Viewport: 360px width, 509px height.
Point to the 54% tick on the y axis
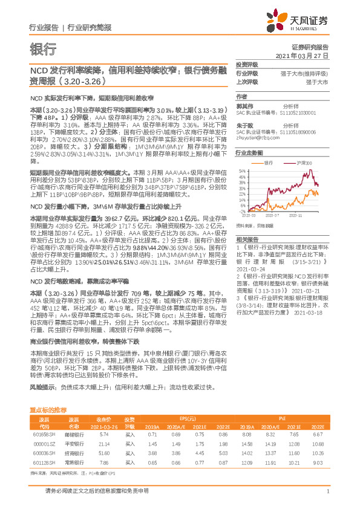click(x=242, y=170)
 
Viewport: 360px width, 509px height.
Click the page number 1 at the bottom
click(x=327, y=491)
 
